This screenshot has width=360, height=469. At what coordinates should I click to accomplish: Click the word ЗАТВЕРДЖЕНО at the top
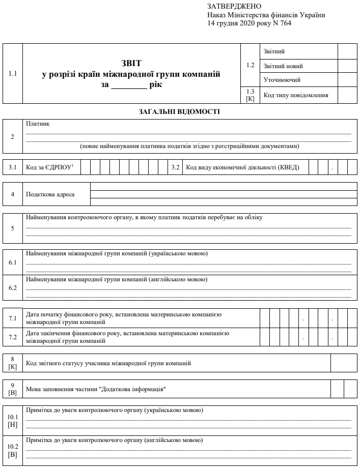tap(234, 6)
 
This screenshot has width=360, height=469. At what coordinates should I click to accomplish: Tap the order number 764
tap(285, 23)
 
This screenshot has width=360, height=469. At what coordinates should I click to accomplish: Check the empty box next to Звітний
tap(347, 51)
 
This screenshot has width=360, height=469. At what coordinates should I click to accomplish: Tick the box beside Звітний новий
tap(347, 66)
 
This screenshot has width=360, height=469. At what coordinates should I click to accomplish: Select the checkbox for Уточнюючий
tap(347, 80)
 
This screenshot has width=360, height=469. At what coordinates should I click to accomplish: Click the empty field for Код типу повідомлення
tap(347, 95)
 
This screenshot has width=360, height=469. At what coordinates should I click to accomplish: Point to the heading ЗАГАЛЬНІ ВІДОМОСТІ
tap(179, 111)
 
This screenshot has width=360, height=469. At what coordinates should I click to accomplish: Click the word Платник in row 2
tap(38, 124)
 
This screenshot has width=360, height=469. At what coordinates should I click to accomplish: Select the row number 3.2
tap(176, 167)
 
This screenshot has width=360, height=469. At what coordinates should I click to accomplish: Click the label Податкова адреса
tap(50, 194)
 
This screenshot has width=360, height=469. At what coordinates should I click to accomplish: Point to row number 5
tap(13, 227)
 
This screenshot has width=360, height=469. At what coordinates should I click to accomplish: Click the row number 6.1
tap(13, 262)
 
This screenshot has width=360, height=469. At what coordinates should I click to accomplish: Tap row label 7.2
tap(13, 337)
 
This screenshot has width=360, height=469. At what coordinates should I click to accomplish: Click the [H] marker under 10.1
tap(13, 425)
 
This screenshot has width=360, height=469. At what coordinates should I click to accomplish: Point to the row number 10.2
tap(13, 446)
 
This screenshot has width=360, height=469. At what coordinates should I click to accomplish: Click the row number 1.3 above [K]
tap(250, 91)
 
